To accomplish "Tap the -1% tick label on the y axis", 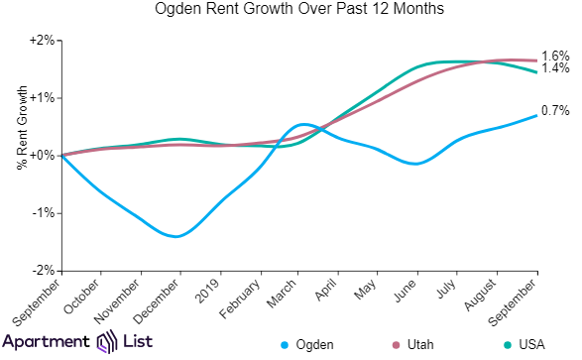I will point(43,213).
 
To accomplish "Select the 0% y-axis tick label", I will point(43,156).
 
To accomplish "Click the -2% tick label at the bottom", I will point(43,270).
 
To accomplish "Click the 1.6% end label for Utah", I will point(555,56).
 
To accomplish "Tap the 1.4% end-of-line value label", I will point(555,68).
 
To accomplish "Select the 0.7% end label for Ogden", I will point(555,110).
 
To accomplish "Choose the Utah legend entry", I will point(418,344).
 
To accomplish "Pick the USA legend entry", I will point(522,344).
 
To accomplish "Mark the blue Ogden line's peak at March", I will point(303,125).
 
